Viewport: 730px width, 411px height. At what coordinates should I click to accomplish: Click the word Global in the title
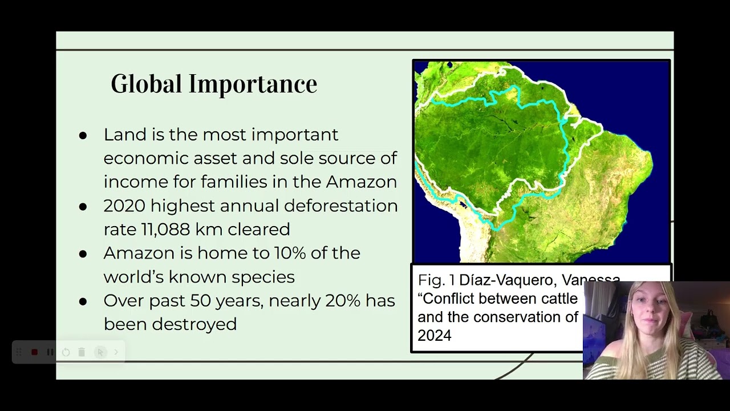pyautogui.click(x=147, y=84)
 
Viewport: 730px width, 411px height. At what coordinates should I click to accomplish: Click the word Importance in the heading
pyautogui.click(x=253, y=84)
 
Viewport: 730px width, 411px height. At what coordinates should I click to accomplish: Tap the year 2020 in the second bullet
pyautogui.click(x=124, y=205)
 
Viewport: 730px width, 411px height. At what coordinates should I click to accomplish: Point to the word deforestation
pyautogui.click(x=340, y=205)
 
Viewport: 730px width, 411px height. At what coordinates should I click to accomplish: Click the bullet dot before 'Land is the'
pyautogui.click(x=83, y=135)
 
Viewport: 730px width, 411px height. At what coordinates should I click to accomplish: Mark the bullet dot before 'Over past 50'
pyautogui.click(x=83, y=301)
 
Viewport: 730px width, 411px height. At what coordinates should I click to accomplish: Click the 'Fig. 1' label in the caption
pyautogui.click(x=436, y=280)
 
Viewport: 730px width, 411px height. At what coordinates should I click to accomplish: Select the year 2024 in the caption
pyautogui.click(x=434, y=336)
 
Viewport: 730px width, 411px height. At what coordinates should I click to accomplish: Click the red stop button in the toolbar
pyautogui.click(x=34, y=352)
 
